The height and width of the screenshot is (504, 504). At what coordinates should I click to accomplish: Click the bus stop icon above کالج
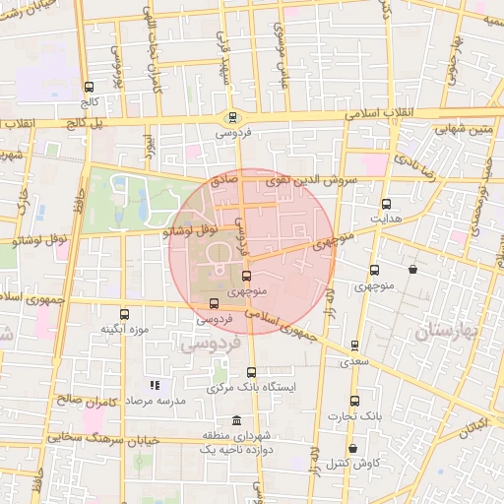[x=90, y=87]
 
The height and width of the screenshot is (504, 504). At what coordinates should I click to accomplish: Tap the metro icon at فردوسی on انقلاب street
[x=232, y=116]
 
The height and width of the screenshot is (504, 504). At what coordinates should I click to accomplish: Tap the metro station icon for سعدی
[x=354, y=346]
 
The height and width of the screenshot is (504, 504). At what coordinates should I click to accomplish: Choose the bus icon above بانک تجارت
[x=355, y=401]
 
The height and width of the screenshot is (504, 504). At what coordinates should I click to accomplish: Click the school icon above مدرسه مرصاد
[x=153, y=386]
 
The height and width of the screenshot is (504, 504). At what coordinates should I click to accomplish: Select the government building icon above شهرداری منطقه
[x=234, y=420]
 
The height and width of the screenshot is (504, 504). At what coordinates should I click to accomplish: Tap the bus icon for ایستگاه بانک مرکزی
[x=251, y=372]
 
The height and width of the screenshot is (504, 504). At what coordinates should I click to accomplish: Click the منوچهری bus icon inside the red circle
[x=246, y=277]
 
